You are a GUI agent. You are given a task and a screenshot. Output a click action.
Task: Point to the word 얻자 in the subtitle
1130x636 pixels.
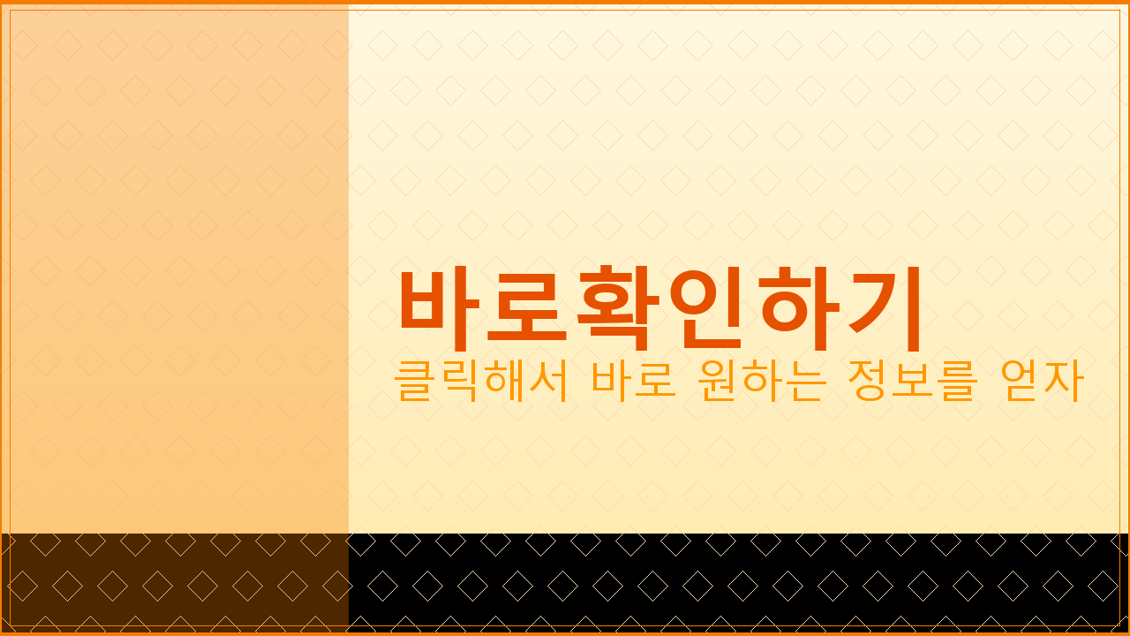tap(1042, 381)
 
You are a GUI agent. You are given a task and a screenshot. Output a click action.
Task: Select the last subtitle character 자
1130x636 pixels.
tap(1064, 381)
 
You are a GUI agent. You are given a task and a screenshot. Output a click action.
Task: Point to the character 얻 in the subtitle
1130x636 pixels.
tap(1021, 381)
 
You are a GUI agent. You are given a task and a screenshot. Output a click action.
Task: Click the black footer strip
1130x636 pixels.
tap(738, 582)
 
